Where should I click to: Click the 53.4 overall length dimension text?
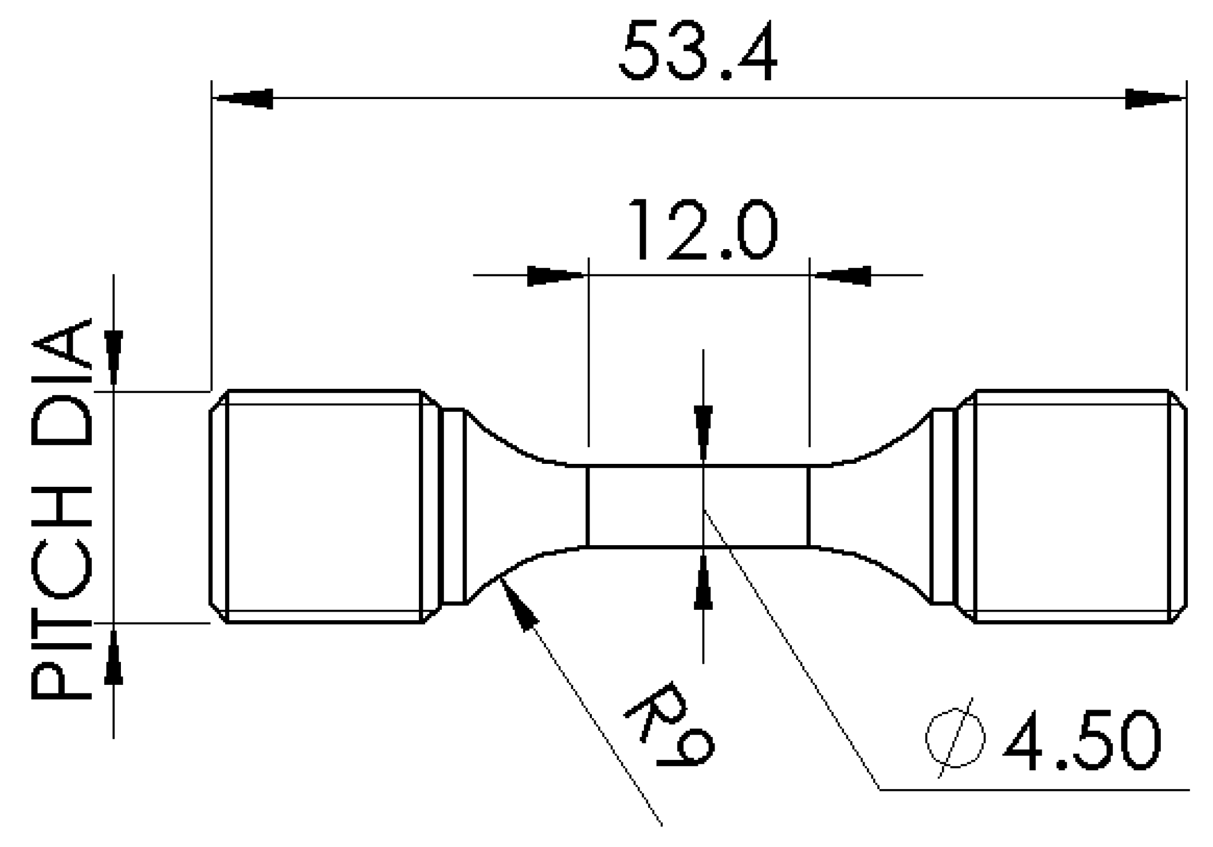(698, 52)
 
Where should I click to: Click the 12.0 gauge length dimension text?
(704, 230)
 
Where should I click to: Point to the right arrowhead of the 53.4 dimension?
(1155, 99)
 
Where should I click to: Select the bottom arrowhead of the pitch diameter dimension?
(113, 657)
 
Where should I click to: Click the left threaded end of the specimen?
(324, 506)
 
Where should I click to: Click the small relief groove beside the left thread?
(454, 506)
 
